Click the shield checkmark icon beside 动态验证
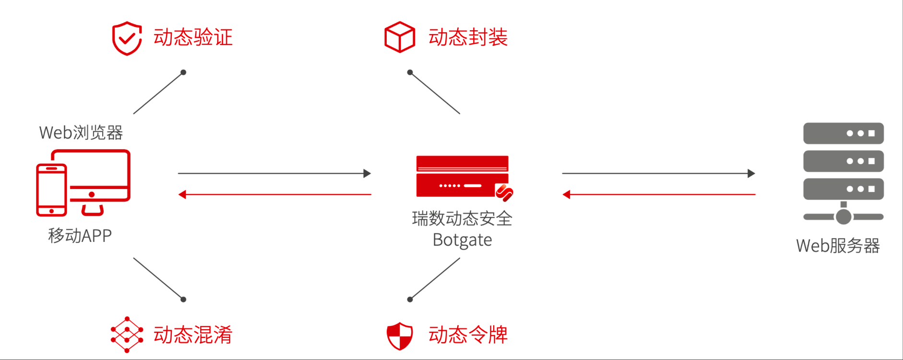127,38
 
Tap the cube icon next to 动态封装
399,37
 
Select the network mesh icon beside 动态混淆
127,335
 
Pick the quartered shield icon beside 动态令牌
399,336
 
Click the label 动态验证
193,37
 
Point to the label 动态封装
468,37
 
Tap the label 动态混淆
193,335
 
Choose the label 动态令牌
468,335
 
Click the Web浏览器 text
81,132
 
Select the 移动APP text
80,236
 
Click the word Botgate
462,240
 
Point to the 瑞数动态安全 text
462,218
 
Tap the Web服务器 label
838,245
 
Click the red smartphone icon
51,190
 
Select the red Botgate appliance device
462,176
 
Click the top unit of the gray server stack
843,133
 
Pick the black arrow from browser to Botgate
274,173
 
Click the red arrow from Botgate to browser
274,194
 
